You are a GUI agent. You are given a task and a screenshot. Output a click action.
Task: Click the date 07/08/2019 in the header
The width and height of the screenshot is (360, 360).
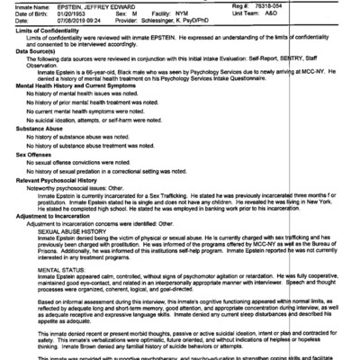[x=68, y=19]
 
